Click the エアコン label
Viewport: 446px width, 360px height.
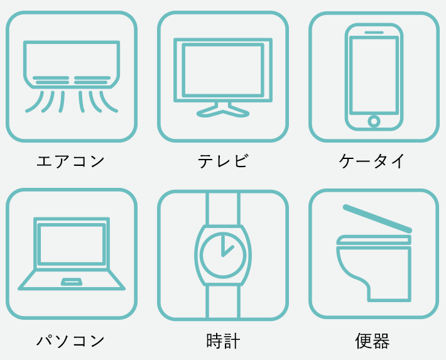[70, 161]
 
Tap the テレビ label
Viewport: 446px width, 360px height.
[223, 161]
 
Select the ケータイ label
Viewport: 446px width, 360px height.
[371, 161]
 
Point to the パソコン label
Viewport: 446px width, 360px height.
[70, 341]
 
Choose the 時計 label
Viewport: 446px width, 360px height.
[223, 341]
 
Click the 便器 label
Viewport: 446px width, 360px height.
[373, 341]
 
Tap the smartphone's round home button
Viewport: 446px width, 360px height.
[374, 121]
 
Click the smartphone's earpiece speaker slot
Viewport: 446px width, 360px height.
[374, 33]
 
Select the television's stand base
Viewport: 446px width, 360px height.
[223, 111]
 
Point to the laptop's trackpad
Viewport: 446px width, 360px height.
[72, 281]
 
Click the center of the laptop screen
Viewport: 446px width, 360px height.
[72, 244]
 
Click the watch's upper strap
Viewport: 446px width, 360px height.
[223, 209]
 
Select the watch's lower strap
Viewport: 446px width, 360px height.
[223, 302]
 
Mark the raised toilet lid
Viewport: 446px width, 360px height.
[377, 219]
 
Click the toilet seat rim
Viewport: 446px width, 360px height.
[374, 240]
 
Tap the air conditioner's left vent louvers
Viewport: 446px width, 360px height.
[51, 80]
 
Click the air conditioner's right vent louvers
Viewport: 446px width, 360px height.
[92, 80]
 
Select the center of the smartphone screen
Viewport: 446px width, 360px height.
[374, 75]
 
